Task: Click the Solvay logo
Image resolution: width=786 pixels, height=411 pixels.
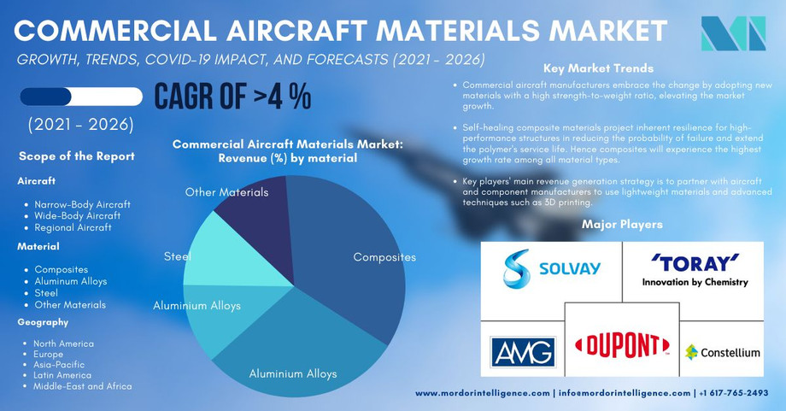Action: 551,268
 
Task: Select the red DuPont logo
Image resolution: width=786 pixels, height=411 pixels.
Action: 622,344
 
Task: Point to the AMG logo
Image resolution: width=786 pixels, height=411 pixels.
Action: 522,351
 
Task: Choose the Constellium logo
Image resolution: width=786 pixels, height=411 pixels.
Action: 723,352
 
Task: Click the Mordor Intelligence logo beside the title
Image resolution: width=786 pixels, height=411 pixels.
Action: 732,33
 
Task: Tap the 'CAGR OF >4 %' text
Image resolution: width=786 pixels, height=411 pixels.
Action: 232,97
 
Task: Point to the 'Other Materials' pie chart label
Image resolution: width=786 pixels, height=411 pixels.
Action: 226,192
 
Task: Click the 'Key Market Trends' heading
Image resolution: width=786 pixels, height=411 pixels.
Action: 597,68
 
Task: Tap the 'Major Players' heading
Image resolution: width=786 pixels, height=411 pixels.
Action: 621,225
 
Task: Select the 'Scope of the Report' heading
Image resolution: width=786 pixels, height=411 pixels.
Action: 76,156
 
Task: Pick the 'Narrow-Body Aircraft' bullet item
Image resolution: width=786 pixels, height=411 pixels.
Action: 82,205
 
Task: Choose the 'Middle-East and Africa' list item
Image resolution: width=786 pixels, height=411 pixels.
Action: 83,386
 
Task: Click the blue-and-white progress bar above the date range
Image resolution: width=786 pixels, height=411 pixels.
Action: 81,97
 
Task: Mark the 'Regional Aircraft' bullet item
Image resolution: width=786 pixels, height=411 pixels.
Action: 73,227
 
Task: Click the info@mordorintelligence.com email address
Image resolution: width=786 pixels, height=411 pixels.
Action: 624,393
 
